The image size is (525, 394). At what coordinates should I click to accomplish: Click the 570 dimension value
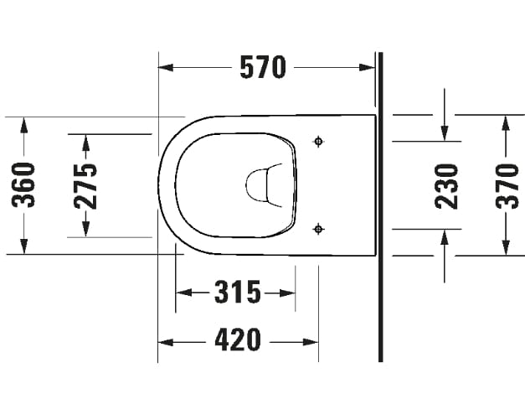pos(262,67)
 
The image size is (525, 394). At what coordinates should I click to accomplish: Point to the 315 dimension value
pos(237,293)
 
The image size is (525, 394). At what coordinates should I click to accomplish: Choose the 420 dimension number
pos(237,340)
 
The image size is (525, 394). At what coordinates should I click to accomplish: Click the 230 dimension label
pos(445,184)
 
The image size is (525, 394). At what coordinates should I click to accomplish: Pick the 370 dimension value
pos(506,184)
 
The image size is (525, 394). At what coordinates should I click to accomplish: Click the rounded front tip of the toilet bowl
pos(160,184)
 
